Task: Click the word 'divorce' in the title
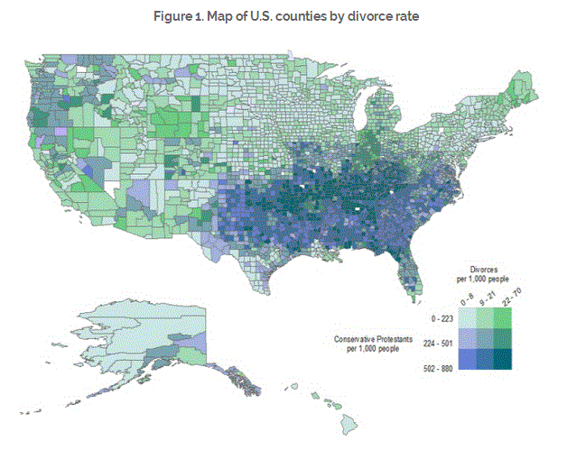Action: tap(349, 15)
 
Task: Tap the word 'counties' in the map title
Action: tap(299, 15)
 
